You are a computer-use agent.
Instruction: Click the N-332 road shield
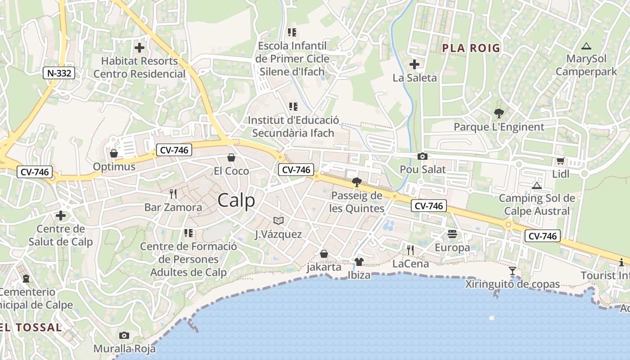pos(59,73)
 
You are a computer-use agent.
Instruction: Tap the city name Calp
pos(236,201)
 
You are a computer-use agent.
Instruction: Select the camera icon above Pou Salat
pos(423,156)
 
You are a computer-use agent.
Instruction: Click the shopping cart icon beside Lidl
pos(560,161)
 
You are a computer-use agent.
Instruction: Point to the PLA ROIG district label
pos(471,48)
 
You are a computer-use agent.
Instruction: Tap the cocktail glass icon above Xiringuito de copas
pos(513,270)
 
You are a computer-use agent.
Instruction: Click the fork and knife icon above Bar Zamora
pos(173,194)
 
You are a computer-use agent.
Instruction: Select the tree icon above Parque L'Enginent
pos(499,113)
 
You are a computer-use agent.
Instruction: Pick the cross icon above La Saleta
pos(414,64)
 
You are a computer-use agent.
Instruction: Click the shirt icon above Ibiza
pos(359,262)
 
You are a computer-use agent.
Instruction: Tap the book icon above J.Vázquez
pos(279,220)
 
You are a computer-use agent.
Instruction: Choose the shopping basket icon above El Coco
pos(231,157)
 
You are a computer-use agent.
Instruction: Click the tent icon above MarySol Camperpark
pos(586,45)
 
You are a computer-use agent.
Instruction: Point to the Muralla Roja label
pos(124,349)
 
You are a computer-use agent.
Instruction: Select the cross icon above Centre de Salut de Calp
pos(61,216)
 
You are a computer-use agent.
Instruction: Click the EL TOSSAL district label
pos(31,327)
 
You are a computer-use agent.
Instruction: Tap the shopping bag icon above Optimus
pos(114,153)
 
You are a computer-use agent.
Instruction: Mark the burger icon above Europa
pos(452,234)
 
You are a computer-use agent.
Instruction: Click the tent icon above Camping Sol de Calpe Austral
pos(536,185)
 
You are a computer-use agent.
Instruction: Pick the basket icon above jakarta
pos(324,254)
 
